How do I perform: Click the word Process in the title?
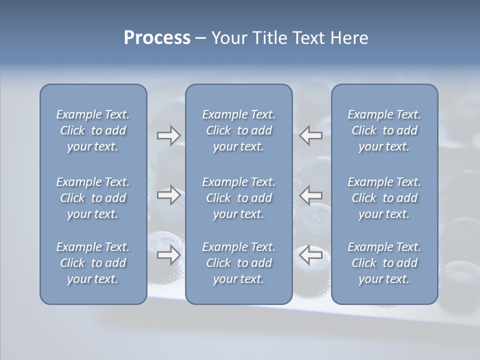pyautogui.click(x=157, y=38)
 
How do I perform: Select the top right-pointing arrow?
pyautogui.click(x=168, y=135)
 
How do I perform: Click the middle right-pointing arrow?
pyautogui.click(x=168, y=195)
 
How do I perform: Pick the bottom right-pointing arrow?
pyautogui.click(x=168, y=255)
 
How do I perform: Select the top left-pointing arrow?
pyautogui.click(x=311, y=135)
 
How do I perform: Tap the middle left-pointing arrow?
pyautogui.click(x=311, y=195)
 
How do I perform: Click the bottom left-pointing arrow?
pyautogui.click(x=311, y=255)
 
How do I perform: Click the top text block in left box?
pyautogui.click(x=93, y=130)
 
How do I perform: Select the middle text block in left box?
pyautogui.click(x=93, y=198)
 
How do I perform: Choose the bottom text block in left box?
pyautogui.click(x=93, y=263)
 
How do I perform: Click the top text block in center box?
pyautogui.click(x=238, y=130)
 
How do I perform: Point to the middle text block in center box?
pyautogui.click(x=238, y=198)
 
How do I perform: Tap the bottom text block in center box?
pyautogui.click(x=238, y=263)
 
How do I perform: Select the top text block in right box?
pyautogui.click(x=384, y=130)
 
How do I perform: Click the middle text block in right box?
pyautogui.click(x=384, y=198)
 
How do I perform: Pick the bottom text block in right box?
pyautogui.click(x=384, y=263)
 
